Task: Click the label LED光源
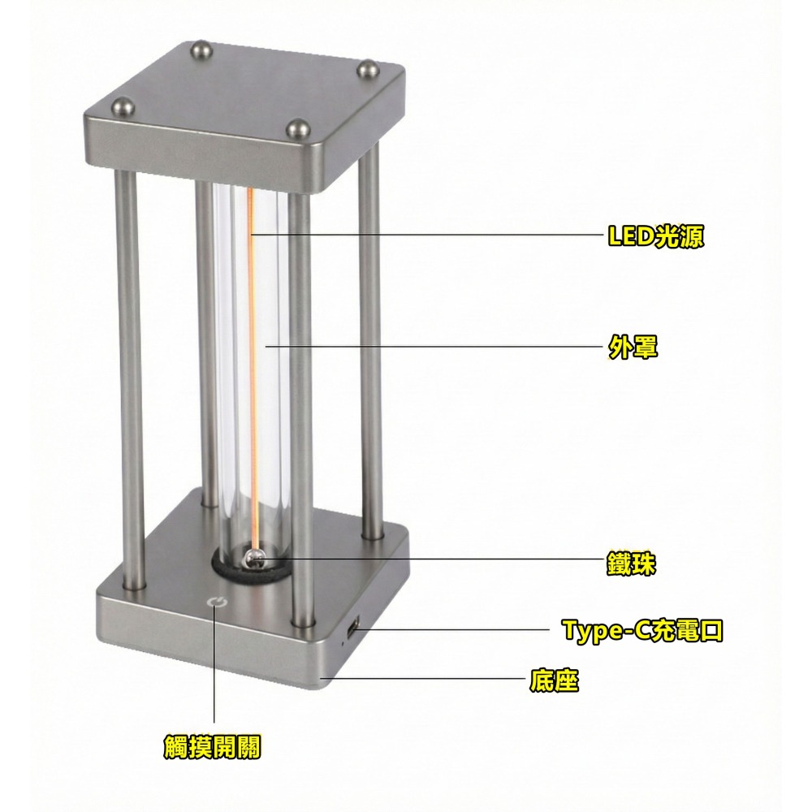tap(655, 236)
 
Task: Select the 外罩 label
tap(633, 348)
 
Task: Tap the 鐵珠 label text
tap(631, 564)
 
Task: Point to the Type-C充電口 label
tap(642, 630)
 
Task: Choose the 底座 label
tap(554, 680)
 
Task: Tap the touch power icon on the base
tap(215, 602)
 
